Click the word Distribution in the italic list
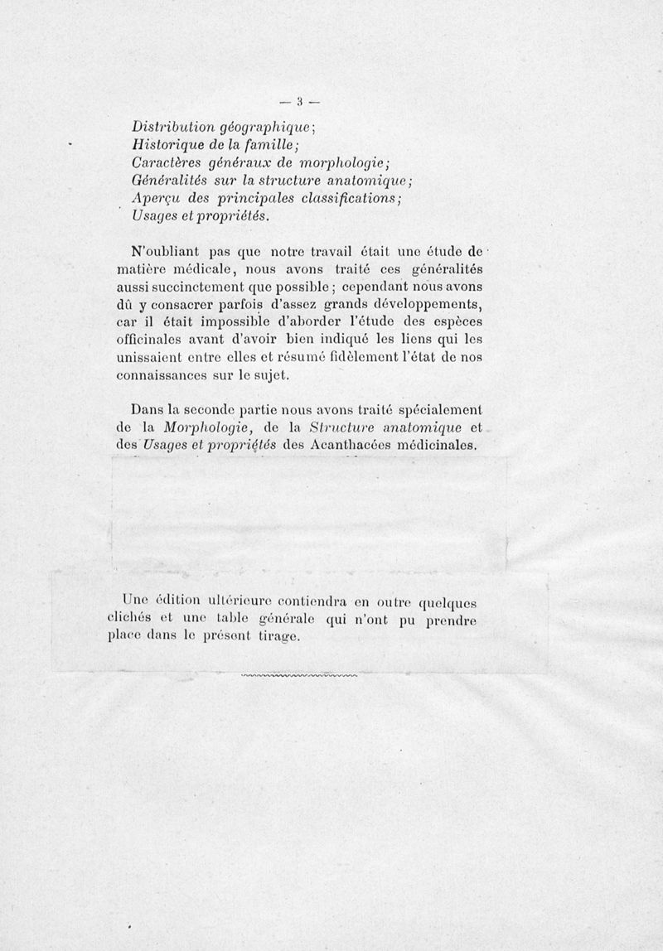click(172, 128)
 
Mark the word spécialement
click(440, 410)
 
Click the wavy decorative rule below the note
click(299, 676)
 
